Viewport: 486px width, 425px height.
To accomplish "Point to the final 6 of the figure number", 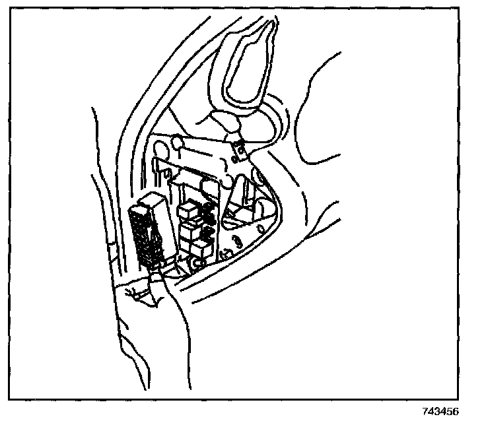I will [456, 411].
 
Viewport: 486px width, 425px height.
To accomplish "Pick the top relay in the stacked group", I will [188, 209].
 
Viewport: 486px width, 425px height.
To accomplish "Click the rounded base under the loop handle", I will [227, 122].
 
